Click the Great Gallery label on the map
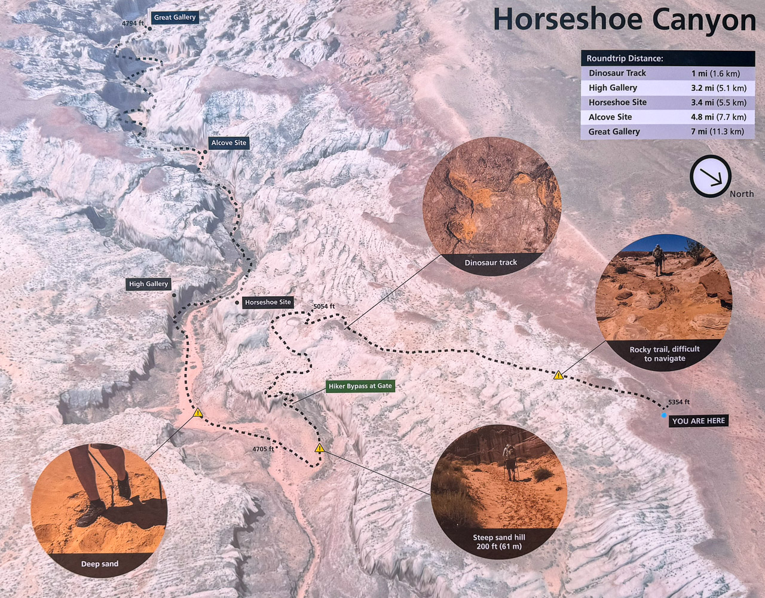[175, 17]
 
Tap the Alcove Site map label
[228, 143]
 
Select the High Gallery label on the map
[149, 284]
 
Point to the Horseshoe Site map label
[268, 302]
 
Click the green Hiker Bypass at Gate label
[360, 386]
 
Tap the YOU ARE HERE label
[698, 421]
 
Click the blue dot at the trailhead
[664, 415]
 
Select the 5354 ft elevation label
[679, 402]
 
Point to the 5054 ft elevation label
[324, 306]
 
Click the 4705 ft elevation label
[263, 449]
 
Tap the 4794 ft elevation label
[133, 23]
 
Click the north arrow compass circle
[710, 176]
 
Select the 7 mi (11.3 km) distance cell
[717, 131]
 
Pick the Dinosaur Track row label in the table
[617, 73]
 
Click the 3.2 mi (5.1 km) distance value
[718, 88]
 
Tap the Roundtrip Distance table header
[625, 59]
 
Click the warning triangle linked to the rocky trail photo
[558, 375]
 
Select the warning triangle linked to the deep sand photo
[198, 413]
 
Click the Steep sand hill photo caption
[499, 542]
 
